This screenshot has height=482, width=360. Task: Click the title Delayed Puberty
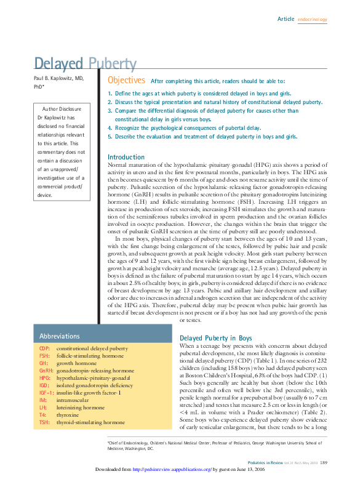(85, 63)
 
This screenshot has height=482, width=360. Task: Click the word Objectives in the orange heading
(126, 81)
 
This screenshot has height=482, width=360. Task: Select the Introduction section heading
(126, 157)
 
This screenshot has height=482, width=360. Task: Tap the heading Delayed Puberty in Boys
(215, 339)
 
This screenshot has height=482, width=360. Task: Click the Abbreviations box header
(60, 336)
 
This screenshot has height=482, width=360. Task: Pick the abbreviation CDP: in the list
(44, 348)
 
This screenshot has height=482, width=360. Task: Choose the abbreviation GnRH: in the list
(46, 371)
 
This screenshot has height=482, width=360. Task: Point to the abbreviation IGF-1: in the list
(47, 393)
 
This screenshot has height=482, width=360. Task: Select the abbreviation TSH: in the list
(44, 422)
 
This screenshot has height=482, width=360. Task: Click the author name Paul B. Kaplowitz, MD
(58, 79)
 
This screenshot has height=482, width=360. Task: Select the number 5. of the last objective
(110, 136)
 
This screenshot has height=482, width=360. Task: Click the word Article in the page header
(286, 19)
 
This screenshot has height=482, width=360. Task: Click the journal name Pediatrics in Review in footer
(266, 462)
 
